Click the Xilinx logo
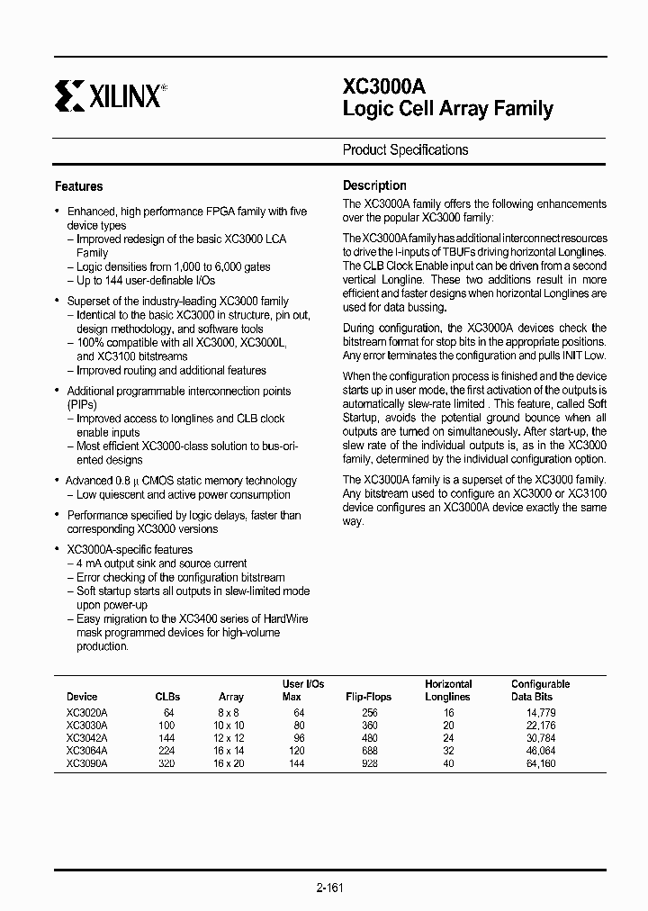108,95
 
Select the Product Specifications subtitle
405,150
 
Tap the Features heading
79,186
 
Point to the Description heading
374,185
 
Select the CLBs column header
167,697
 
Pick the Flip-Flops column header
369,697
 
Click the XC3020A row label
87,712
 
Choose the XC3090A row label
87,762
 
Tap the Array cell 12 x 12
231,737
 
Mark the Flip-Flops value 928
369,762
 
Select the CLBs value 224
167,750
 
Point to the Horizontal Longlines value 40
448,762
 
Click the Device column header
82,697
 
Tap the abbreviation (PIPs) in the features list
82,405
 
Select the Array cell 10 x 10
231,725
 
